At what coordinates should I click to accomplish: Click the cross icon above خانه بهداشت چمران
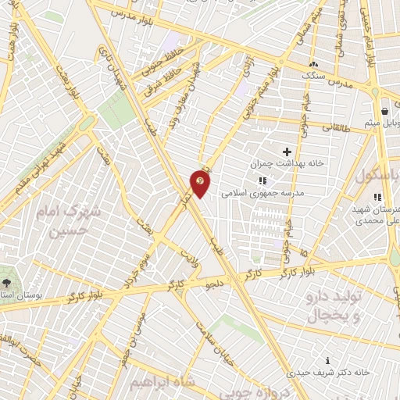286,151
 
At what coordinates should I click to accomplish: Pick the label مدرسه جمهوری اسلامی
262,191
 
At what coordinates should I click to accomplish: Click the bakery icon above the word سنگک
313,65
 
